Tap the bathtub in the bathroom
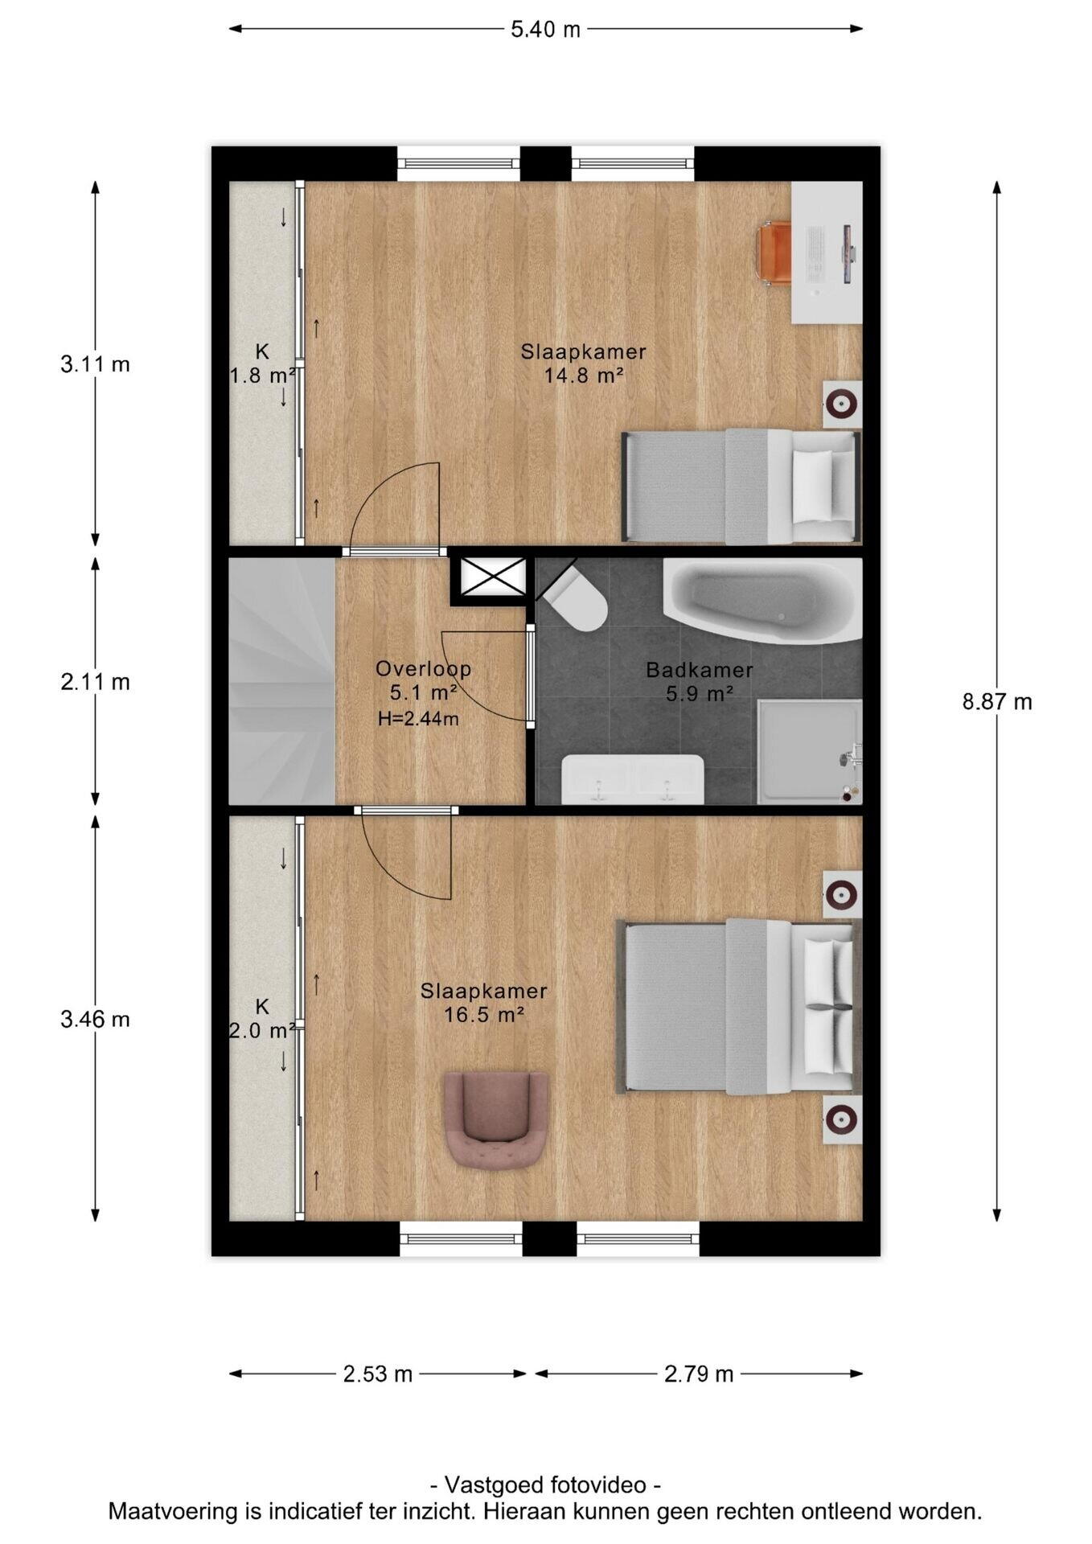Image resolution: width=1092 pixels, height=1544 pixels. click(762, 600)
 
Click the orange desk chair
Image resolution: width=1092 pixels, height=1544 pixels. click(774, 253)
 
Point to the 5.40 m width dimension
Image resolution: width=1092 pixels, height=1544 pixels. click(545, 29)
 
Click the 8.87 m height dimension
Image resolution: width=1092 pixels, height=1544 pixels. click(997, 701)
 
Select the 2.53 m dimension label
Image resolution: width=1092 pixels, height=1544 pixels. click(378, 1374)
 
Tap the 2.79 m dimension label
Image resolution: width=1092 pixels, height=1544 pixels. click(699, 1374)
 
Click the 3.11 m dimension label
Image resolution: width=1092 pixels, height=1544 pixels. click(95, 364)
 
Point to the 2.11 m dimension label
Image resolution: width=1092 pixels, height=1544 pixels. click(95, 682)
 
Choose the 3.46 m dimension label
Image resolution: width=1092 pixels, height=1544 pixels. click(95, 1019)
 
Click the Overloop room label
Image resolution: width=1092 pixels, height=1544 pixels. click(424, 668)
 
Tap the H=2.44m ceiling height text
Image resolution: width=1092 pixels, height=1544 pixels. click(418, 719)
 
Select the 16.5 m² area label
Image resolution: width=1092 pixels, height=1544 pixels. click(484, 1015)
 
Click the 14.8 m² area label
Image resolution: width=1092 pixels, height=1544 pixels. click(584, 375)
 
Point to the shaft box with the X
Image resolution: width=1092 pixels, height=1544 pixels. click(491, 577)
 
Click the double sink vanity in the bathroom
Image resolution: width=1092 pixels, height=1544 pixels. click(632, 779)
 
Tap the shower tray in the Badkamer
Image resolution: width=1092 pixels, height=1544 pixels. click(810, 752)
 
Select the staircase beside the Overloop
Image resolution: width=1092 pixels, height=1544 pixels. click(281, 681)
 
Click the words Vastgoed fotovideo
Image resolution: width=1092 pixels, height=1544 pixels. click(545, 1484)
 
